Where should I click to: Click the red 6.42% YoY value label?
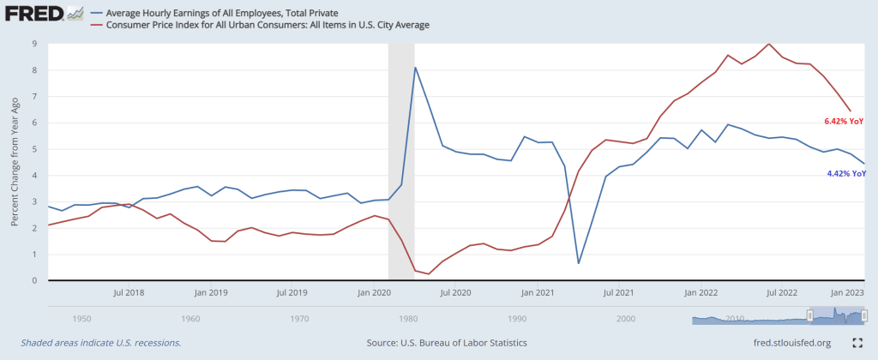pyautogui.click(x=844, y=122)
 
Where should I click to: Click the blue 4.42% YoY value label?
pyautogui.click(x=845, y=174)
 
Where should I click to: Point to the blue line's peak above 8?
pyautogui.click(x=415, y=68)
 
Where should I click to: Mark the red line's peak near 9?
pyautogui.click(x=769, y=44)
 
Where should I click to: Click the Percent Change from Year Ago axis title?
pyautogui.click(x=15, y=162)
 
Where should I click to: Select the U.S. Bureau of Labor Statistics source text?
pyautogui.click(x=446, y=343)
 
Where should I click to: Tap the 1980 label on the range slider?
pyautogui.click(x=408, y=318)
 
